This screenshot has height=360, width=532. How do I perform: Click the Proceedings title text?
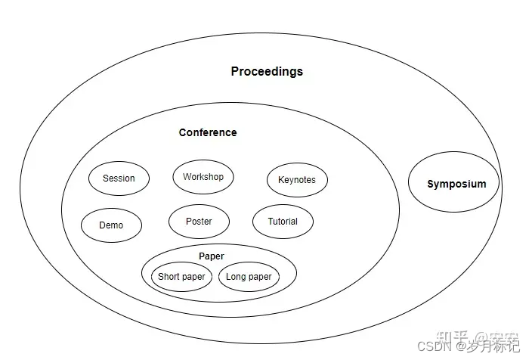pos(267,71)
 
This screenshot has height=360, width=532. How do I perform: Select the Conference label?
pos(208,132)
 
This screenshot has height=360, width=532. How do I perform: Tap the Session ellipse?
pos(119,178)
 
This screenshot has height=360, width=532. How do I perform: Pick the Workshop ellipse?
pos(203,177)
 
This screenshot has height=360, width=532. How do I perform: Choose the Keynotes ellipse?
pos(297,180)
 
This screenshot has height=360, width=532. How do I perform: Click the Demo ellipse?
pos(110,225)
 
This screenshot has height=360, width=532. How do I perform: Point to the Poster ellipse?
pos(199,222)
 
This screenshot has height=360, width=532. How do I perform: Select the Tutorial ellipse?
pos(283,222)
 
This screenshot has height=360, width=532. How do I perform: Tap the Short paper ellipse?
pos(181,277)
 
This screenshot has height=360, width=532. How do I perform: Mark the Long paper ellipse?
pos(249,277)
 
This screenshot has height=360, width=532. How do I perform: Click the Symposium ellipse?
pos(454,183)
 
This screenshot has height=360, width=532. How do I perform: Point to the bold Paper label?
pos(212,256)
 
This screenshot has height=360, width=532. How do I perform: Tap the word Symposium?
pos(456,184)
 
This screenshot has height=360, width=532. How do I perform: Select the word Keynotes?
pos(297,180)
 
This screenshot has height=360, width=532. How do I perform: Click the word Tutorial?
pos(283,222)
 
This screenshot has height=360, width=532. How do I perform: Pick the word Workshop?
pos(203,177)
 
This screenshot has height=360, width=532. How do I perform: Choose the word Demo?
pos(110,225)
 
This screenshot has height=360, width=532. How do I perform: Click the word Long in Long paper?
pos(237,277)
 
